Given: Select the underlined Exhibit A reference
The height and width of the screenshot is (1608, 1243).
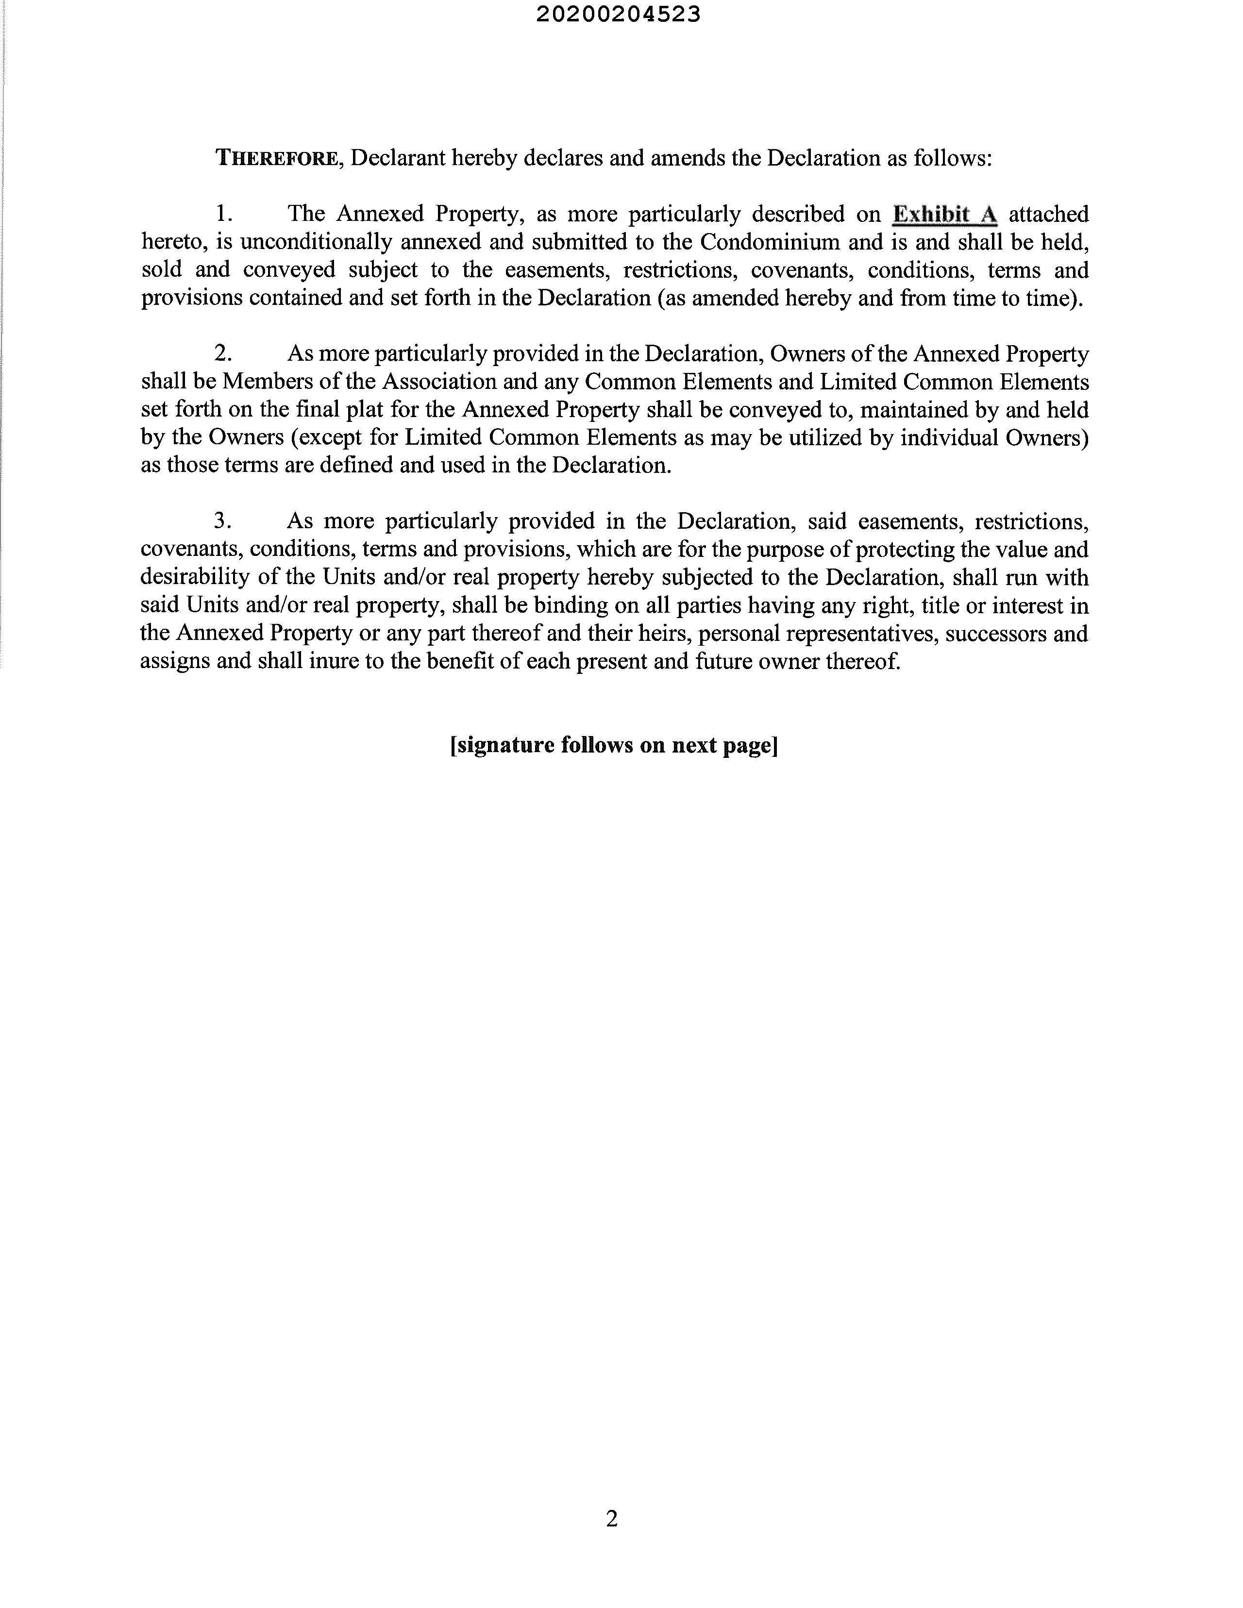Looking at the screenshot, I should coord(945,214).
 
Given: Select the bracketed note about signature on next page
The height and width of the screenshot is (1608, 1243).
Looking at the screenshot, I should coord(614,745).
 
